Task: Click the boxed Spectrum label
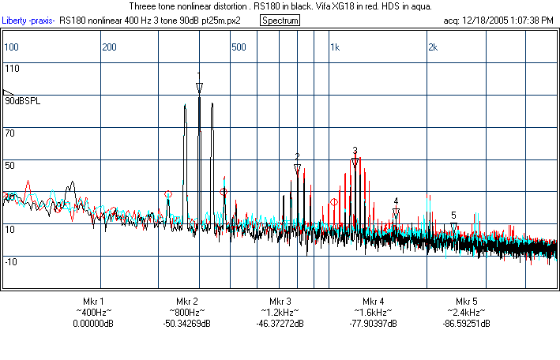280,20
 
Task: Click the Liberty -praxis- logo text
28,20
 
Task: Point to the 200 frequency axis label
109,47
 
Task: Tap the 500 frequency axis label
238,47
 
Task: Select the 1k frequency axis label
335,47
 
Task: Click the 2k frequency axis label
432,47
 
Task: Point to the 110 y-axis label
11,69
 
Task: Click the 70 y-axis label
9,134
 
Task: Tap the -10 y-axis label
11,261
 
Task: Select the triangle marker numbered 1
199,87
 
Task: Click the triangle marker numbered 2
297,168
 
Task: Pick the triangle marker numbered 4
396,213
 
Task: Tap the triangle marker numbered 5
453,227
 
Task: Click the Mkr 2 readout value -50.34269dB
186,324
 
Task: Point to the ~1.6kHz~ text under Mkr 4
374,313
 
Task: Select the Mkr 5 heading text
467,302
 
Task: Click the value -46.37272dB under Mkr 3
280,324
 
